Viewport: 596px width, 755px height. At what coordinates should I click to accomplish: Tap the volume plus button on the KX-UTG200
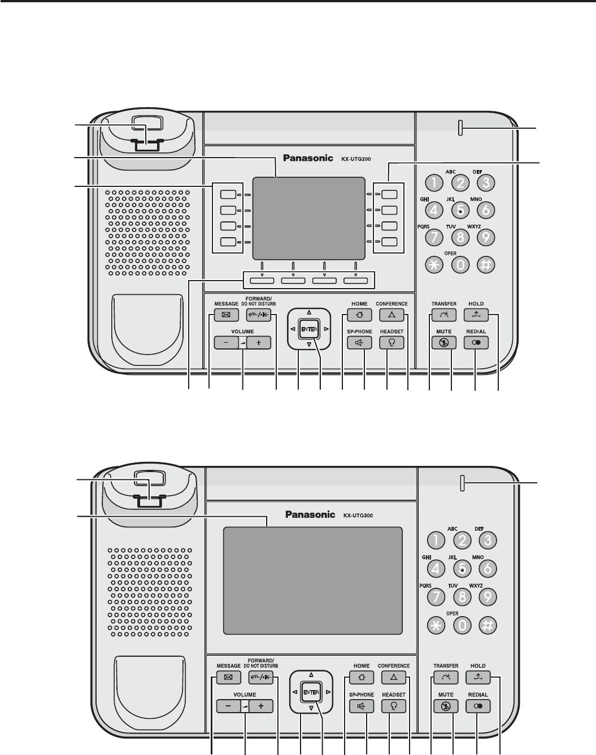coord(259,342)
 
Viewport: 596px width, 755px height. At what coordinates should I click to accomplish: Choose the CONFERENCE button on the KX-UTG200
coord(391,315)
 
